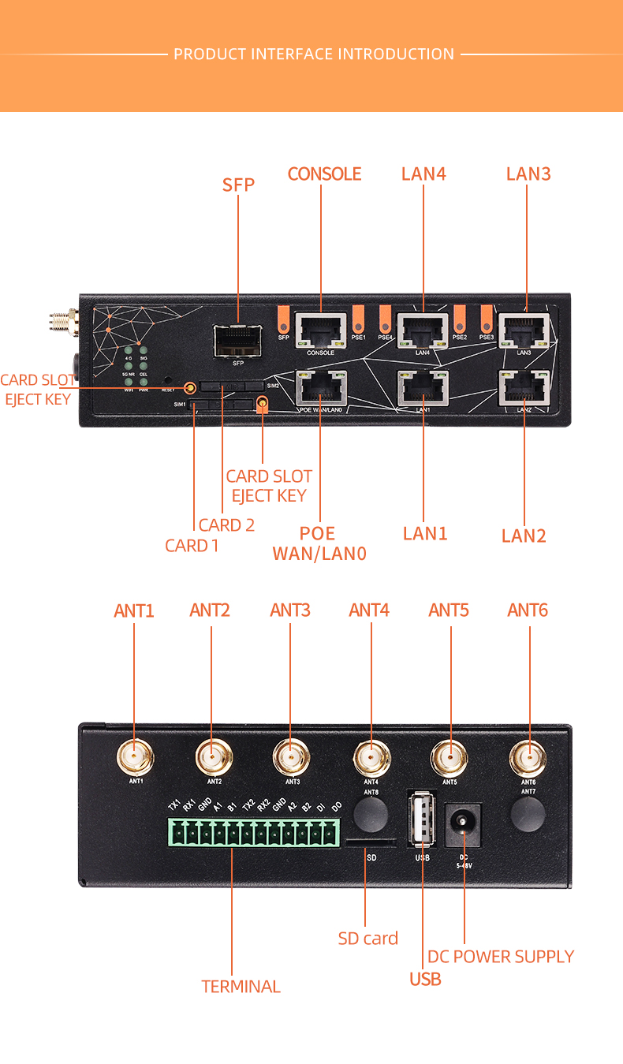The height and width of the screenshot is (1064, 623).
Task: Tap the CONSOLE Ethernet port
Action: pos(320,330)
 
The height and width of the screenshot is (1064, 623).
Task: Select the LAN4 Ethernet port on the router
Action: pos(423,330)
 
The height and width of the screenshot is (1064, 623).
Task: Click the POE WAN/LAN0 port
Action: pos(320,387)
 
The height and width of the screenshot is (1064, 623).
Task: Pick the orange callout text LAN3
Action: pos(528,174)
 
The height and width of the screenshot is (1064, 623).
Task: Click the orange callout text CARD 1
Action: pos(192,545)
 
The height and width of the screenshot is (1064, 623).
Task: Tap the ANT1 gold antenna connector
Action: pos(135,758)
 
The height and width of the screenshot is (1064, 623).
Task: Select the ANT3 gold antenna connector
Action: pos(291,758)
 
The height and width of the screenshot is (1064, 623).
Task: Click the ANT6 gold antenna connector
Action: pos(528,758)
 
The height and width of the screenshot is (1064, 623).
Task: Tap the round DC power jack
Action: pos(463,824)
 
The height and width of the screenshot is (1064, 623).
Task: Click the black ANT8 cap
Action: pos(371,813)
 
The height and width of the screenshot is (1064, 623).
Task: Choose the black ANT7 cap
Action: pos(528,813)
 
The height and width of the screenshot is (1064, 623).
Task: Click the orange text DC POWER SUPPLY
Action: pos(501,957)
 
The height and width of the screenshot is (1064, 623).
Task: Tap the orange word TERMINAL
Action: pos(241,987)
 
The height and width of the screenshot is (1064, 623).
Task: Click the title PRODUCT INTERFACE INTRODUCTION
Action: pos(314,54)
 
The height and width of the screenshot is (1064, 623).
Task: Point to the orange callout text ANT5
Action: pos(449,610)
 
